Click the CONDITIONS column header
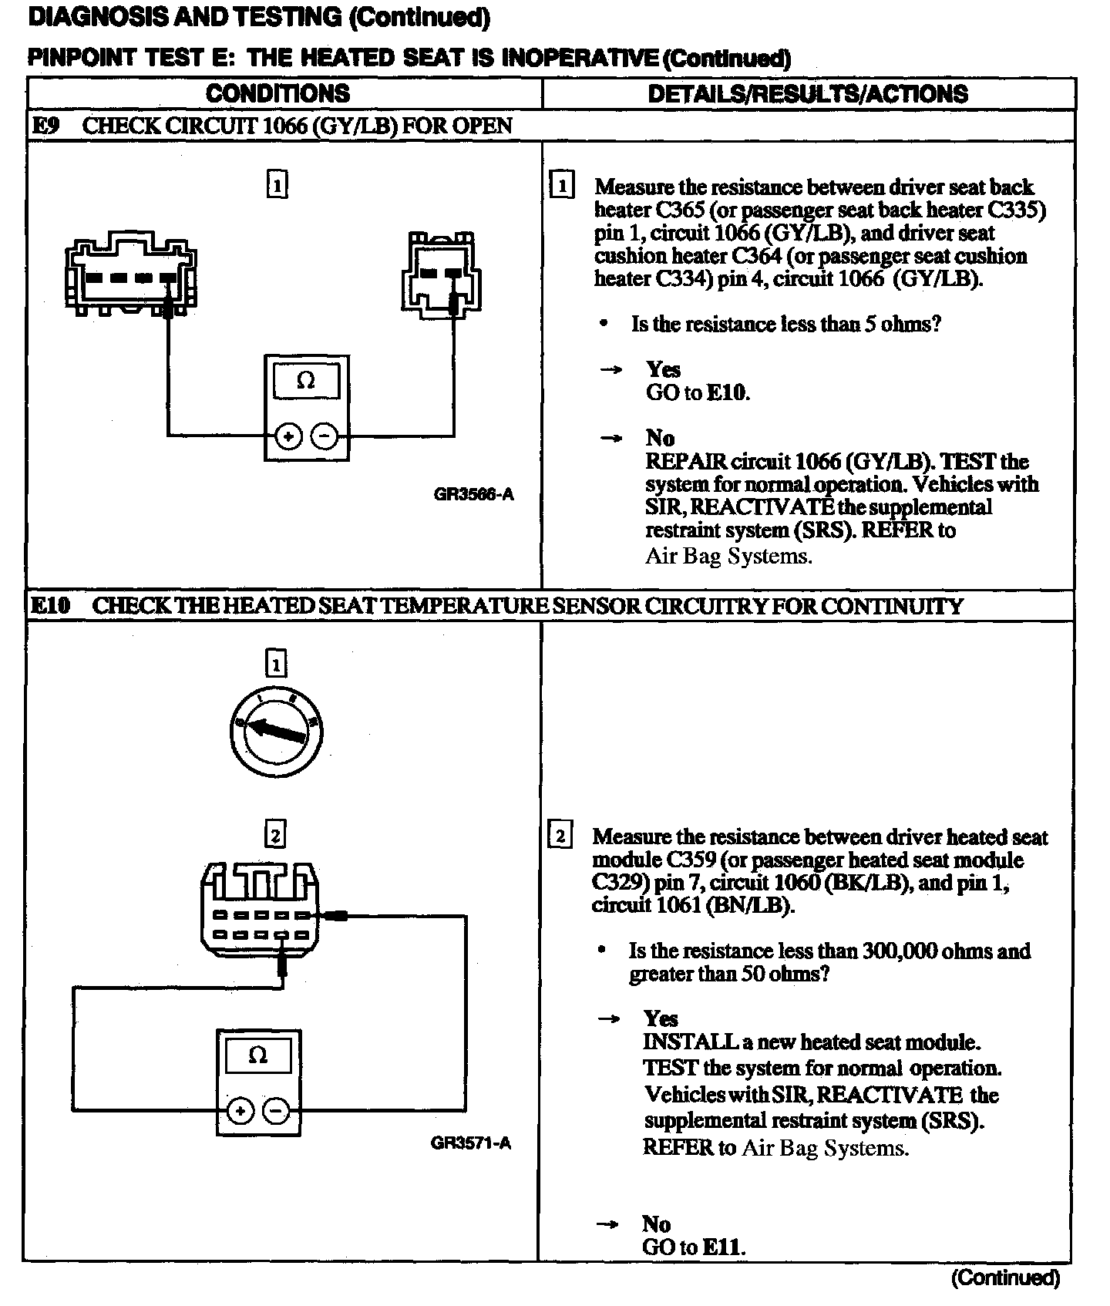click(x=277, y=94)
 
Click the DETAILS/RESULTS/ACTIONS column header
click(x=808, y=94)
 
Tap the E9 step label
click(x=45, y=126)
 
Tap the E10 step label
click(x=50, y=606)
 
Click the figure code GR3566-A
click(x=473, y=495)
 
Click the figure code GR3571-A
click(x=470, y=1143)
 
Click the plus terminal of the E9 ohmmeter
click(x=288, y=437)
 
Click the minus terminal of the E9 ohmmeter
click(x=325, y=437)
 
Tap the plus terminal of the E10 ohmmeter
click(x=240, y=1111)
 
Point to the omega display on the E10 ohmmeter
click(x=258, y=1055)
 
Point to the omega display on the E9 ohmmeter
click(x=306, y=381)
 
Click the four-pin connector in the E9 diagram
click(x=131, y=274)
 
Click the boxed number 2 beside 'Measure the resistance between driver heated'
click(x=560, y=836)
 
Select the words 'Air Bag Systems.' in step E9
click(x=728, y=556)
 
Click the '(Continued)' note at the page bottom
click(x=1005, y=1278)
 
